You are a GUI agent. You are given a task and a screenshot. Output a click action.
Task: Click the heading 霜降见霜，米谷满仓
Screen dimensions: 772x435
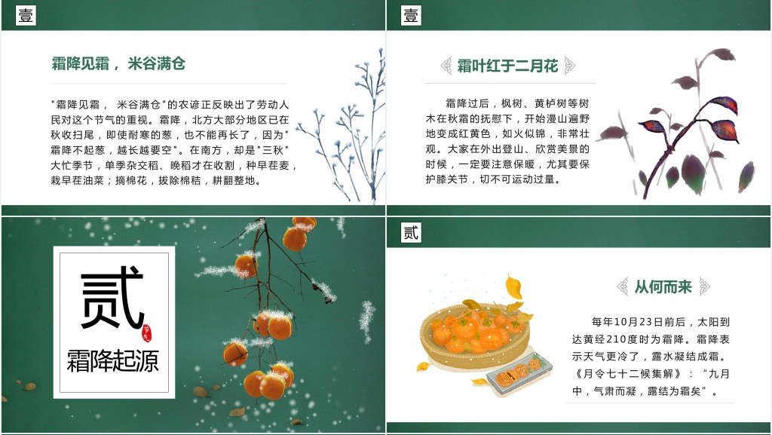[x=118, y=63]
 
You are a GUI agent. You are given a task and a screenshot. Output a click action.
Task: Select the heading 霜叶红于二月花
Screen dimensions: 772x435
[x=507, y=66]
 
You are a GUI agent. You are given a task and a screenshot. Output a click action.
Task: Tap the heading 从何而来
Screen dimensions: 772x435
[x=663, y=286]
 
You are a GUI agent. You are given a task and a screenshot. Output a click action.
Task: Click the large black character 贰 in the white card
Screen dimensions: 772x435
[x=112, y=297]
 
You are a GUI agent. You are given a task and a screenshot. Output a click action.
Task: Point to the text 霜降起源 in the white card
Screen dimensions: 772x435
[x=113, y=360]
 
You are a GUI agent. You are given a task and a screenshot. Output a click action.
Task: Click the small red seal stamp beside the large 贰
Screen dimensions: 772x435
[x=147, y=333]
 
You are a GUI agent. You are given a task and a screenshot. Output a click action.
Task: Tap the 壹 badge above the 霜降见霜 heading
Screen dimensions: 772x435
[x=26, y=15]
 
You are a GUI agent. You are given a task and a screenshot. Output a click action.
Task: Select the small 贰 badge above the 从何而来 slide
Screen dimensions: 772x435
[x=411, y=232]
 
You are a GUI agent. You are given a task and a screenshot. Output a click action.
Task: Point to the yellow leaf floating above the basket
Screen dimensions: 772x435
[x=513, y=287]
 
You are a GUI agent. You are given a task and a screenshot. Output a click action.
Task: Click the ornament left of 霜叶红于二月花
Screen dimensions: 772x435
[x=446, y=66]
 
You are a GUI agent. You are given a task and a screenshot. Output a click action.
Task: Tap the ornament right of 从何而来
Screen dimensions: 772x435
[x=705, y=286]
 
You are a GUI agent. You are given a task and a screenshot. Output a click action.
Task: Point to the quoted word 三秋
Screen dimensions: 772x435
[x=272, y=150]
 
